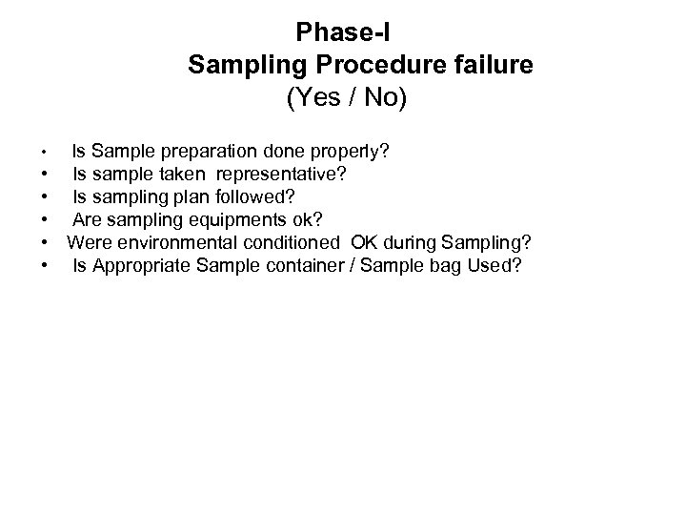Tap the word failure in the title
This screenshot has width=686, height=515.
tap(491, 66)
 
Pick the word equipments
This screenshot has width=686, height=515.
tap(234, 220)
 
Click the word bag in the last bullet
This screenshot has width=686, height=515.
tap(444, 265)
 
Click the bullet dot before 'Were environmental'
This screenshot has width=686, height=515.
tap(46, 243)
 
